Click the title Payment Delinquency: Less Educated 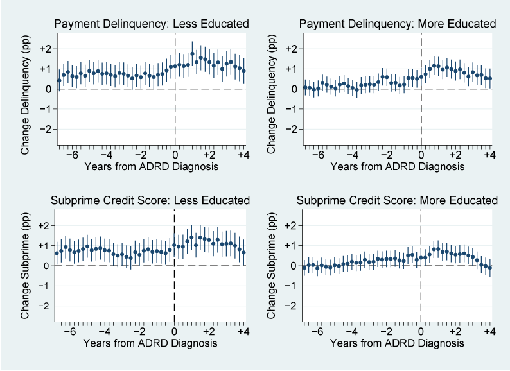pos(151,24)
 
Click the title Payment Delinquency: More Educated pos(398,24)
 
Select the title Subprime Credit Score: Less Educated pos(151,201)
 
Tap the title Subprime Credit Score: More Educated pos(398,201)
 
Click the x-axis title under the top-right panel pos(398,167)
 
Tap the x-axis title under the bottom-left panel pos(151,344)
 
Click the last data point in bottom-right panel pos(490,268)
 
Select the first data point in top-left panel pos(59,80)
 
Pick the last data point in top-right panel pos(490,78)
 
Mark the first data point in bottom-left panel pos(57,253)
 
